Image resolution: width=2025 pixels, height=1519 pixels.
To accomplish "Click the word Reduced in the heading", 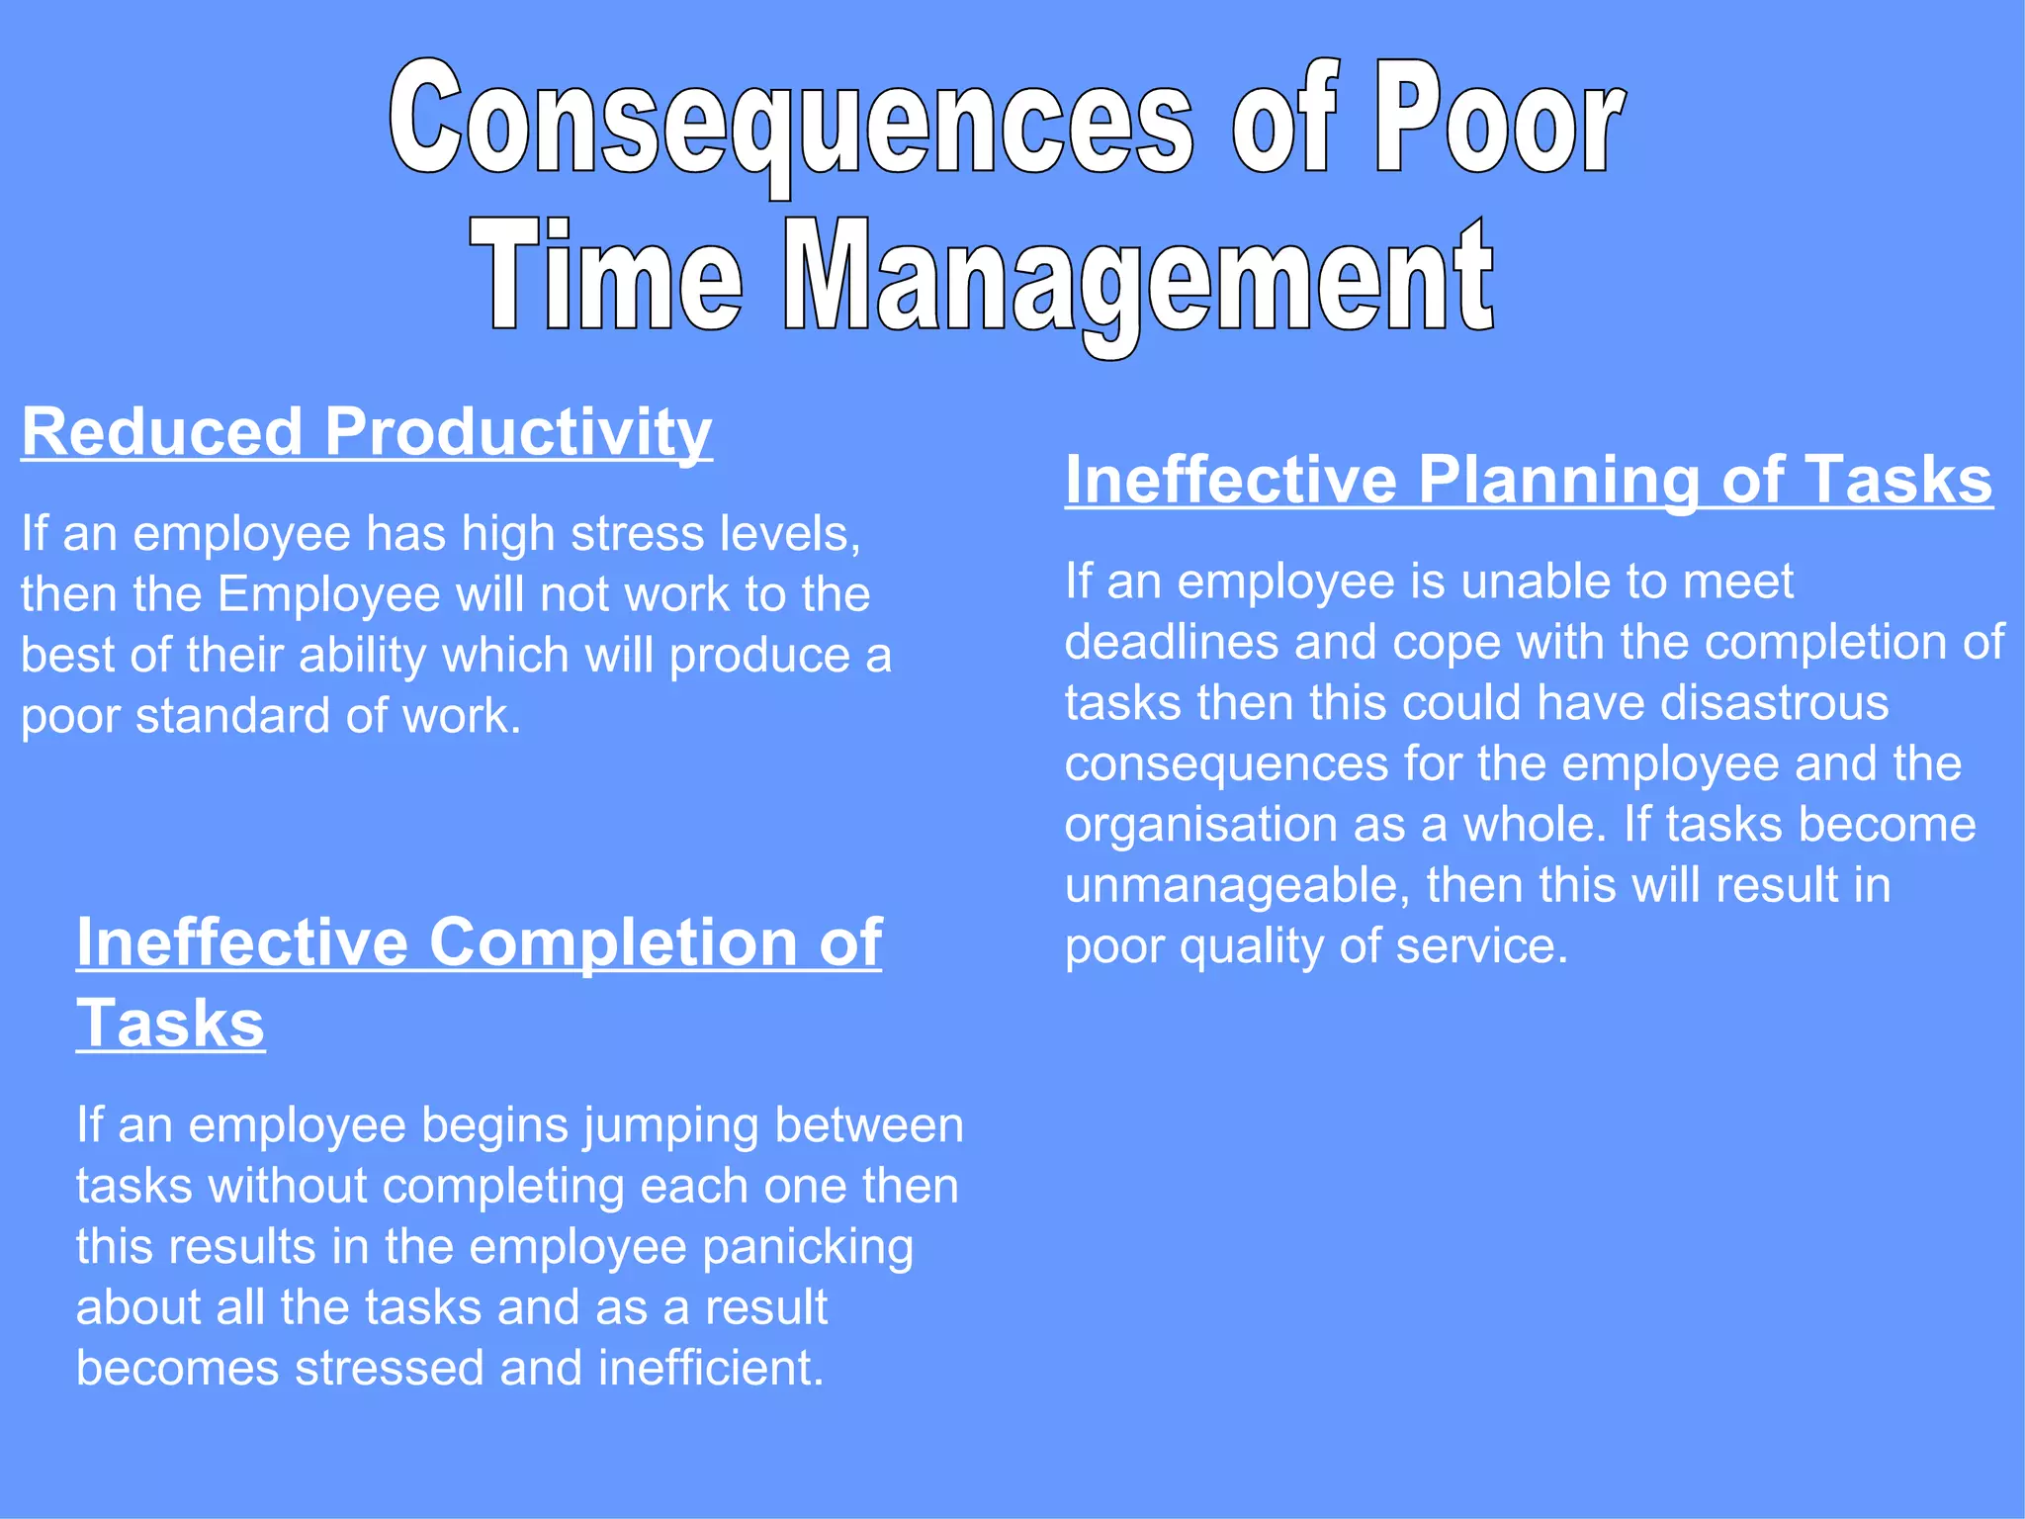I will tap(162, 432).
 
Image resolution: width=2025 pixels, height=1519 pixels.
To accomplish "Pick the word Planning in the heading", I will tap(1558, 482).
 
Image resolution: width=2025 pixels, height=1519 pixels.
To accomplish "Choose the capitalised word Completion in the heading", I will tap(614, 941).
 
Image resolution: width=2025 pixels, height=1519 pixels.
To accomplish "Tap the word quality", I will tap(1252, 947).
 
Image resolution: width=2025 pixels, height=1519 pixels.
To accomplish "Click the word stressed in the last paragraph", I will tap(390, 1369).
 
